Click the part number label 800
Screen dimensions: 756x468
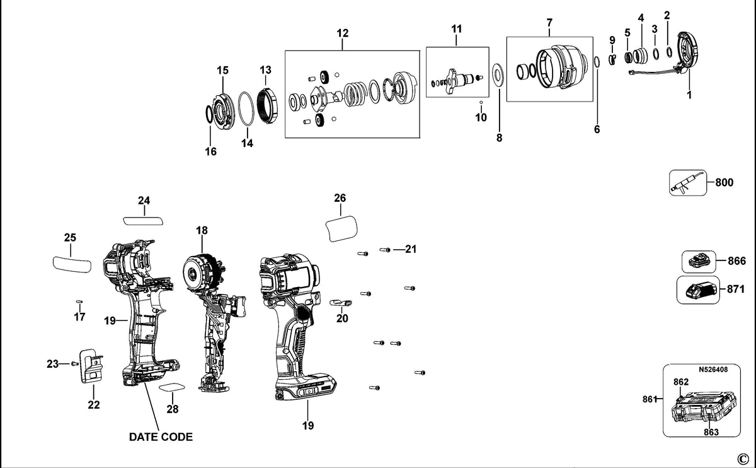[724, 182]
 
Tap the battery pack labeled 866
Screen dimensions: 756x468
[699, 262]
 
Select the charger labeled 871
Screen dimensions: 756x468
[698, 290]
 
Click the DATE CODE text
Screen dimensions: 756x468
[161, 437]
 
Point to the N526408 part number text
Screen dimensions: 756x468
[713, 370]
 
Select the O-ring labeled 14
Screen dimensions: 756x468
[246, 110]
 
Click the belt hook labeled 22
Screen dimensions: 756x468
[91, 366]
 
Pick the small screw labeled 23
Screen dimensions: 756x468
[74, 363]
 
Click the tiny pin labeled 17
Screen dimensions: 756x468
[79, 301]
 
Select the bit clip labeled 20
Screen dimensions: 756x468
[341, 302]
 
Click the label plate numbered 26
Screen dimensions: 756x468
[341, 229]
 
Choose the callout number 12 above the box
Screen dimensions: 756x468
[343, 33]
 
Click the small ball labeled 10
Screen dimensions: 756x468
[481, 102]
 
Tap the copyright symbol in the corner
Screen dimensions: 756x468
[743, 459]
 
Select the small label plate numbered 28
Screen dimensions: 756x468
[172, 387]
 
